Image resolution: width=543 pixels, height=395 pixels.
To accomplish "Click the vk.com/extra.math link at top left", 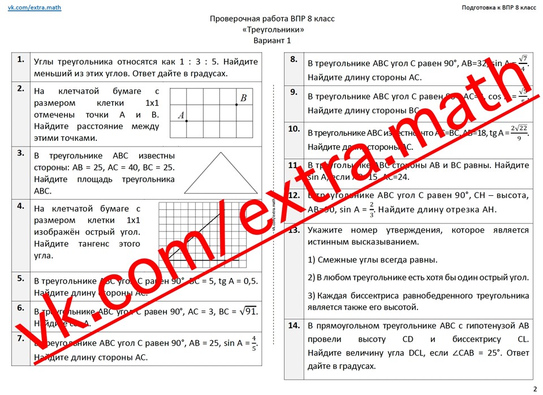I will [35, 7].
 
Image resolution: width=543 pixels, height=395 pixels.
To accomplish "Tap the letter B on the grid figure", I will [243, 98].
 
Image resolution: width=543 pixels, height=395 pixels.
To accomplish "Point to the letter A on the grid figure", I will [181, 115].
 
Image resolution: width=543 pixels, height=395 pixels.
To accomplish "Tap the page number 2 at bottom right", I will [535, 388].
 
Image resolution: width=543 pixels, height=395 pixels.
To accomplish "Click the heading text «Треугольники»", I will [272, 29].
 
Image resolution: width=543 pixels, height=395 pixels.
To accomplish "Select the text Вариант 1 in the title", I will [272, 40].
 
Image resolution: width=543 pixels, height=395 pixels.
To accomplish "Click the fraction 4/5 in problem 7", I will [254, 343].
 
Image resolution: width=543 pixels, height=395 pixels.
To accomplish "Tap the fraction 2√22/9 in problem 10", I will [519, 134].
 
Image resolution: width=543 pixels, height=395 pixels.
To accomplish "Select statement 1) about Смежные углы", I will [373, 260].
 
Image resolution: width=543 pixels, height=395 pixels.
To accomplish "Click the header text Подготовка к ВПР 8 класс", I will [499, 7].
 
